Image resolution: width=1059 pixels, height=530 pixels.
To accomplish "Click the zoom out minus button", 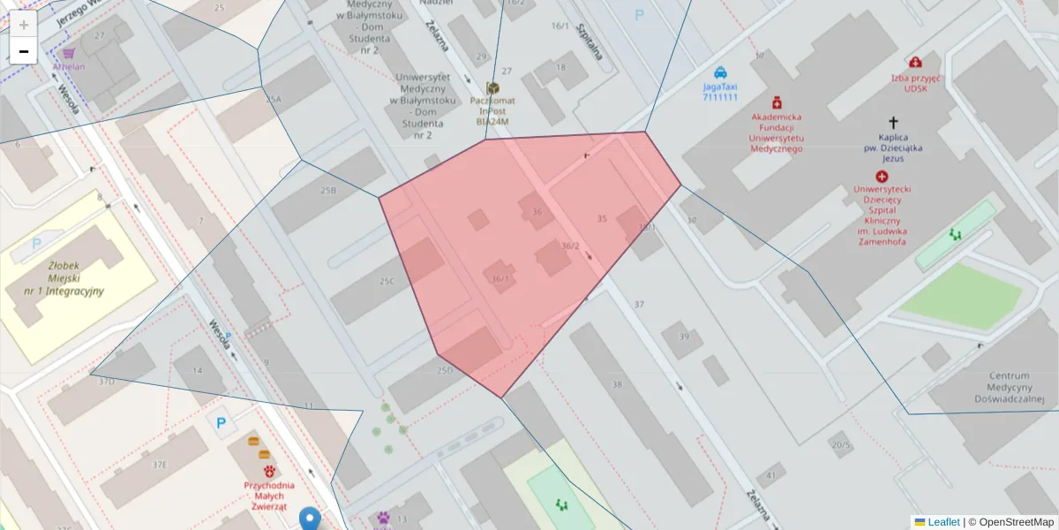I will click(24, 51).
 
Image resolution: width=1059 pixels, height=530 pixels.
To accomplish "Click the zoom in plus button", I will click(24, 25).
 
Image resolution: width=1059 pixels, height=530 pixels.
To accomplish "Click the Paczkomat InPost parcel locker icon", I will click(492, 88).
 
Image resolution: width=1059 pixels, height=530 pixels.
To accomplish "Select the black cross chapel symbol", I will click(893, 123).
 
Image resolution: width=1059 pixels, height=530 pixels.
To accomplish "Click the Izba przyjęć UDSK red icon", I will click(916, 63).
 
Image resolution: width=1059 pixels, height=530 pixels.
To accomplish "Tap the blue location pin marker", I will click(309, 518).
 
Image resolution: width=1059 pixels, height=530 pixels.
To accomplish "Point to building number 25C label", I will click(386, 282).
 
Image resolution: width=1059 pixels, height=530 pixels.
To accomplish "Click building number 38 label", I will click(617, 384).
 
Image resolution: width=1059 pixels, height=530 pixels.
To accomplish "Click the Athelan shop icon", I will click(68, 53).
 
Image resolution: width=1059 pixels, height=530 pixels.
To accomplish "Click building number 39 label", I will click(684, 337).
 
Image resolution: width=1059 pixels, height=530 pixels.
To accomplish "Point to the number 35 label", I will click(602, 218).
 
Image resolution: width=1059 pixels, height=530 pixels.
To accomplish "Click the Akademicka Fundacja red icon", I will click(777, 102).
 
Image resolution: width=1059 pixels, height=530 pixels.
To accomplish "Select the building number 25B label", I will click(328, 190).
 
